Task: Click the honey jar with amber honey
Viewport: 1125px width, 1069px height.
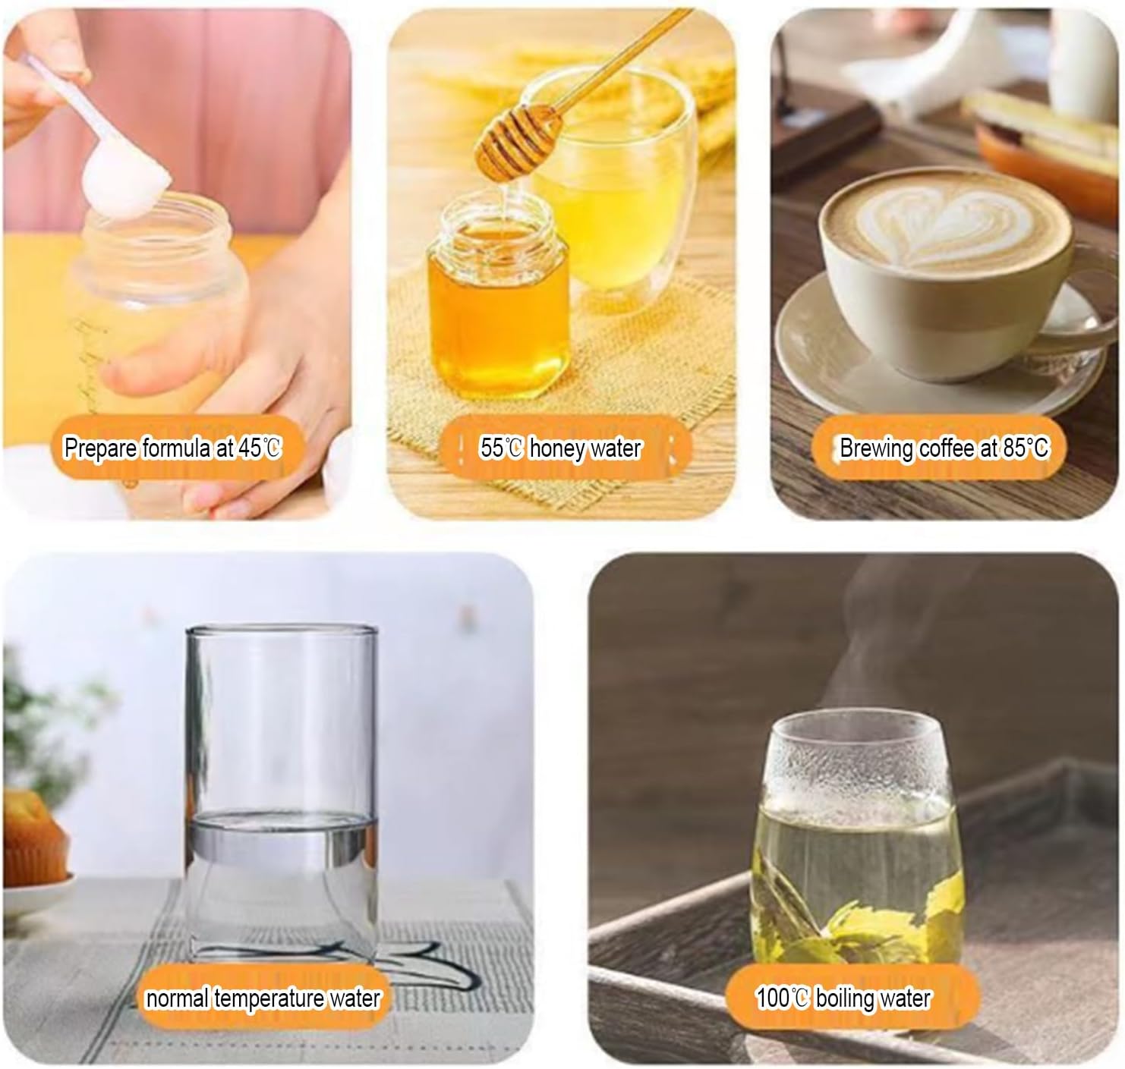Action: point(498,297)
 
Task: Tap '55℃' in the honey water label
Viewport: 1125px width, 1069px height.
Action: point(502,448)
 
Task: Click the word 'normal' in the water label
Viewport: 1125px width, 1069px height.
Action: point(178,998)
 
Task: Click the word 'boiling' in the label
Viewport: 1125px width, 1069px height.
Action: point(843,999)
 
